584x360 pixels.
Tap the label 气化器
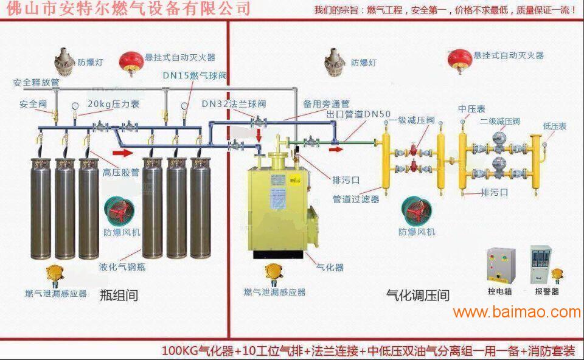click(330, 267)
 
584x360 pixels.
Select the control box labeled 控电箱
click(501, 265)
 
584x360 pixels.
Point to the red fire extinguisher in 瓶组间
click(129, 60)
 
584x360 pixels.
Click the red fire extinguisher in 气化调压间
click(458, 58)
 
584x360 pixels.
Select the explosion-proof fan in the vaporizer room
click(415, 209)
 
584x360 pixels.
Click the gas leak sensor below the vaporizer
click(272, 273)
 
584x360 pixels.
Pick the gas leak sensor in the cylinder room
click(57, 273)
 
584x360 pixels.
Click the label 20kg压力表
click(113, 104)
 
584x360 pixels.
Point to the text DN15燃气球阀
click(194, 75)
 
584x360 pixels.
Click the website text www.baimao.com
click(516, 313)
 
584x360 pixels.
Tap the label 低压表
click(555, 126)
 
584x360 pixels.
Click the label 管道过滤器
click(355, 199)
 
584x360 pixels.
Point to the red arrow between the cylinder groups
click(123, 153)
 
